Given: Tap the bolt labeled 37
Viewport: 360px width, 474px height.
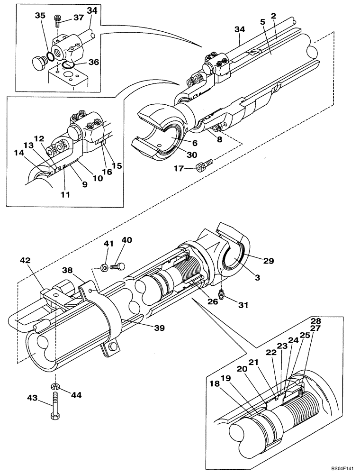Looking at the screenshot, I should click(x=57, y=20).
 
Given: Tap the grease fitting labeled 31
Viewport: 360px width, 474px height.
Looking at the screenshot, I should click(x=221, y=296).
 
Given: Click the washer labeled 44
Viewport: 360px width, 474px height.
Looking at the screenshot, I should click(x=55, y=387).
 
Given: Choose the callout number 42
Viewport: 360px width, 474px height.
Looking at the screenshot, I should click(x=25, y=260).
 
